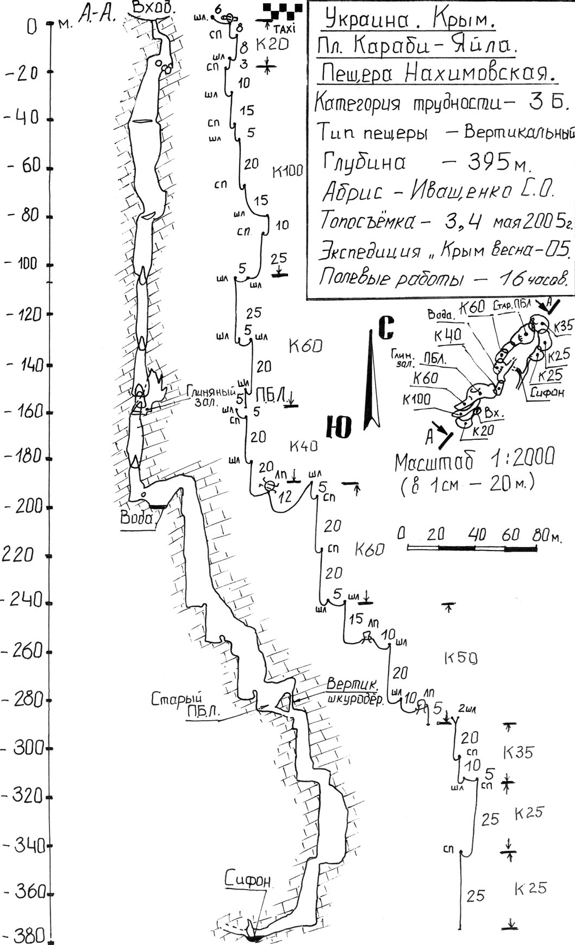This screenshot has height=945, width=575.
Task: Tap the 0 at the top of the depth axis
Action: (x=32, y=26)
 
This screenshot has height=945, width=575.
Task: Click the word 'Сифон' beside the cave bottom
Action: (x=248, y=881)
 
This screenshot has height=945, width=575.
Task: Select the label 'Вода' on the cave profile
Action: (x=137, y=518)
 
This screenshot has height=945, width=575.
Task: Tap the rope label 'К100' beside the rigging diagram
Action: (x=287, y=172)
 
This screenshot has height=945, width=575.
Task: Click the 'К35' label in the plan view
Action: (x=564, y=326)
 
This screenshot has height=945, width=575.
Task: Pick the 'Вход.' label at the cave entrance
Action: (x=154, y=9)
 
